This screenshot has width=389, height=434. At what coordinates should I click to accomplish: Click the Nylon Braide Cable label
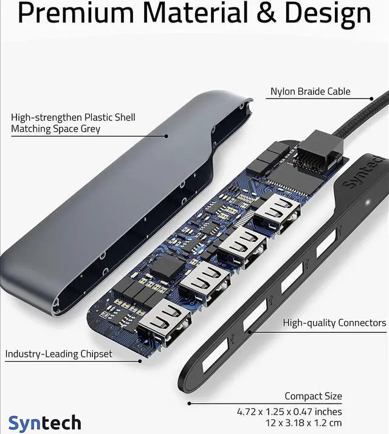pos(311,92)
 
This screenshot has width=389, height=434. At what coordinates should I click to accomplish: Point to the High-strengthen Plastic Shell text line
pos(73,117)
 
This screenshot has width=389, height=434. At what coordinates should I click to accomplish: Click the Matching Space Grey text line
pos(55,129)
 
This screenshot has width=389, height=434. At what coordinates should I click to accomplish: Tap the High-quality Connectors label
pos(334,323)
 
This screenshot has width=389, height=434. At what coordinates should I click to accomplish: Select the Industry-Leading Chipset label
pos(58,354)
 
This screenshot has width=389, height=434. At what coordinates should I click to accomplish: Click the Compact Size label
pos(313,396)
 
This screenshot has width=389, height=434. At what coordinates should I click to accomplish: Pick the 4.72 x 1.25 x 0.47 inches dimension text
pos(289,412)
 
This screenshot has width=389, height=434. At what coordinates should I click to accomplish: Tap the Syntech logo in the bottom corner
pos(44,422)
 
